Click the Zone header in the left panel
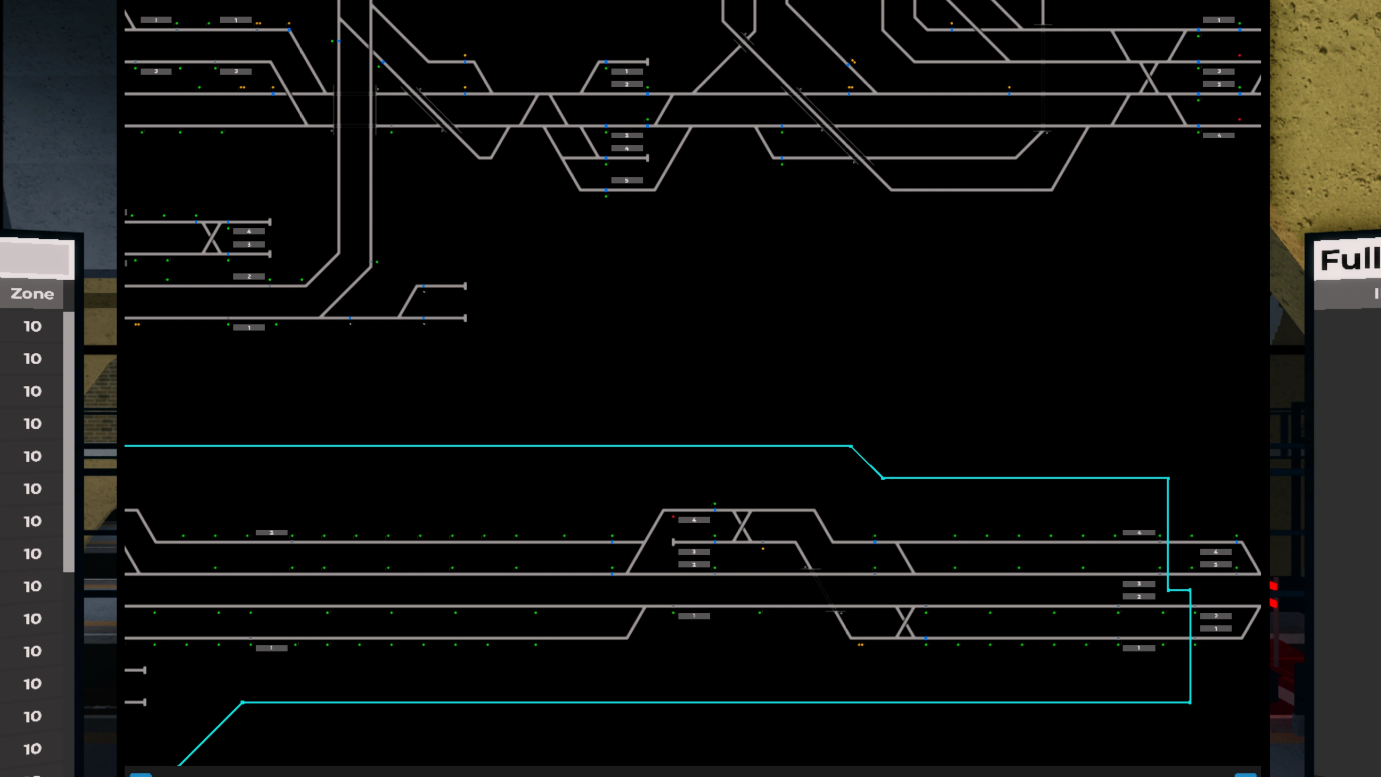click(32, 294)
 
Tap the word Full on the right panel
click(1349, 260)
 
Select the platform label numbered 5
click(627, 181)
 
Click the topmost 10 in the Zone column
click(32, 326)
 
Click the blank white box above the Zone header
click(36, 259)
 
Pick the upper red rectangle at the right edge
click(1273, 585)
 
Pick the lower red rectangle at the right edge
click(1273, 604)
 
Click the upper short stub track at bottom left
click(135, 670)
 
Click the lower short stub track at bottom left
click(135, 702)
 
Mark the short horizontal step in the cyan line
click(1179, 590)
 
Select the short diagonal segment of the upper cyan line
click(866, 462)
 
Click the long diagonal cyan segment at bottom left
click(210, 734)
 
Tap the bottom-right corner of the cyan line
click(1190, 702)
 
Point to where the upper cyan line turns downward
click(1168, 478)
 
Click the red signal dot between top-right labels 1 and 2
click(1240, 55)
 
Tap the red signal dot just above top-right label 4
click(1240, 119)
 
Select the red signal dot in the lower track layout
click(674, 517)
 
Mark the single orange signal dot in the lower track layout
click(763, 549)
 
